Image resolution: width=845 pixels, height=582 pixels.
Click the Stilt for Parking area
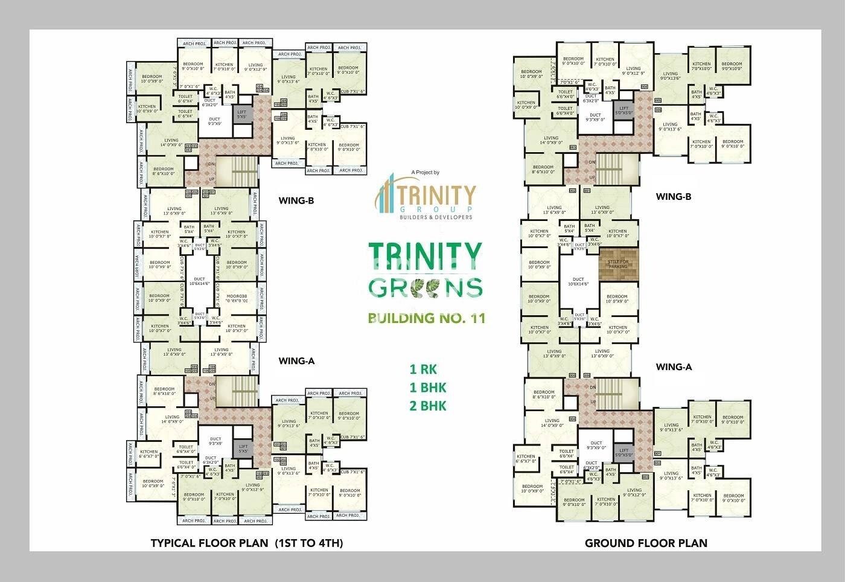coord(618,263)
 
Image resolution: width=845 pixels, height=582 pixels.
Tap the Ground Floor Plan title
coord(646,543)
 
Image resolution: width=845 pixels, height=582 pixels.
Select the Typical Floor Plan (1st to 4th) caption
coord(246,543)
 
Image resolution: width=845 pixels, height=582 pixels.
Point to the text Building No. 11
coord(426,318)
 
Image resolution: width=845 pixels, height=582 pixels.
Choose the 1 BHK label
coord(427,387)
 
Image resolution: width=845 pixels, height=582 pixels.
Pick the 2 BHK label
coord(427,406)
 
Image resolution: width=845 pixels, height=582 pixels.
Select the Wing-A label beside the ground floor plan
coord(674,366)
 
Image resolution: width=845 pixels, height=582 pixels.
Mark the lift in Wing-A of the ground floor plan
coord(624,451)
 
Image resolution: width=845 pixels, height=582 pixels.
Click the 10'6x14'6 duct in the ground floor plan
coord(579,282)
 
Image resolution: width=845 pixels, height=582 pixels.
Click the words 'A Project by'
coord(426,173)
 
